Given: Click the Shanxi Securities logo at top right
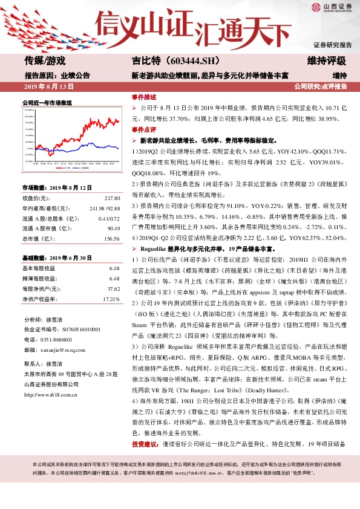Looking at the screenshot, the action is click(x=332, y=8).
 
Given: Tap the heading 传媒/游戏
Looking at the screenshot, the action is click(x=45, y=60).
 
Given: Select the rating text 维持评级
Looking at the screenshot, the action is click(x=327, y=60).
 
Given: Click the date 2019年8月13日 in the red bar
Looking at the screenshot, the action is click(x=48, y=86).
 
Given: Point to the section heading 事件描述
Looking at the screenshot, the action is click(x=143, y=97).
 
